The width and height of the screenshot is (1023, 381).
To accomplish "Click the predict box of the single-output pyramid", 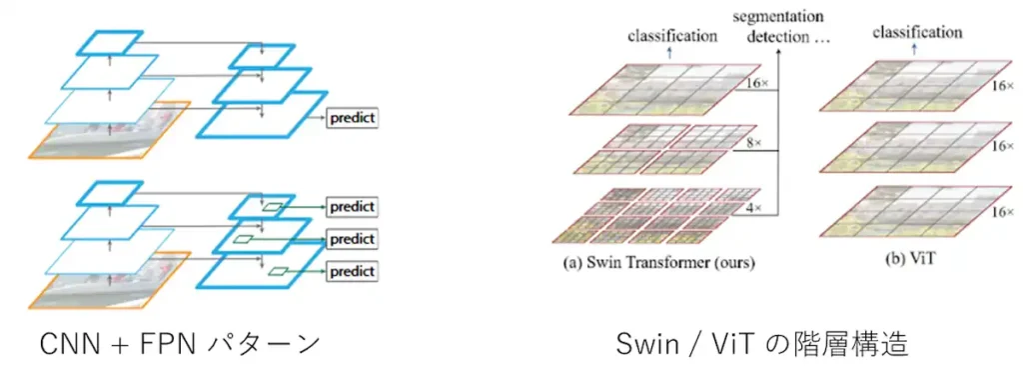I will (351, 118).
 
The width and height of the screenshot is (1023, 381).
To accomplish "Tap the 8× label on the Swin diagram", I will (753, 144).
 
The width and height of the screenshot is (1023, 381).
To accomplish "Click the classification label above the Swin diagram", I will (672, 36).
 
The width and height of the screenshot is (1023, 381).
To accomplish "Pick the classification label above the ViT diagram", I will (917, 32).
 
